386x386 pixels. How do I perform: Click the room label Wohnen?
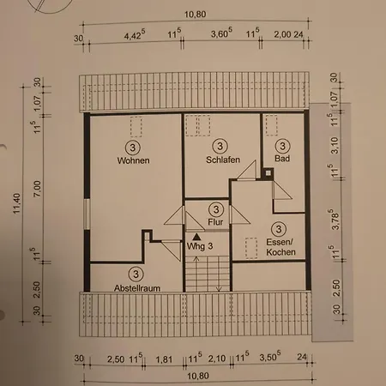pos(136,160)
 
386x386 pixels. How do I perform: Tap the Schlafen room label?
pos(221,160)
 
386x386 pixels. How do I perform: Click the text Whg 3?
pos(199,246)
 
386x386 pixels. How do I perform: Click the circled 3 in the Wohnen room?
pos(136,147)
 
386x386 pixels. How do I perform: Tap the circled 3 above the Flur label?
pos(215,208)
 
